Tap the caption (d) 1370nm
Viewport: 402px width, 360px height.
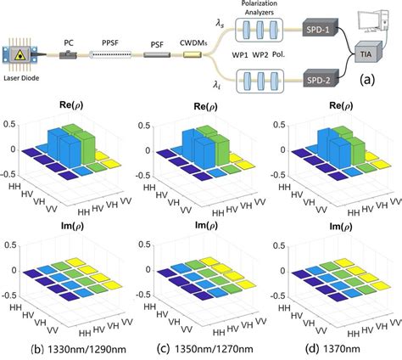click(x=327, y=348)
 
